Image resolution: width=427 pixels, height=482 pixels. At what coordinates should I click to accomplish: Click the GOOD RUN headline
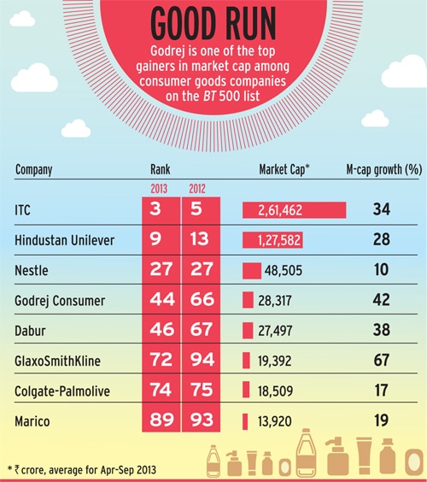point(213,24)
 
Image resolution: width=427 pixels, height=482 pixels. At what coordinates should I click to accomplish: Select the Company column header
point(34,169)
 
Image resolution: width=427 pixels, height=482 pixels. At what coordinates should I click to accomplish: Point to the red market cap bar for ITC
point(294,209)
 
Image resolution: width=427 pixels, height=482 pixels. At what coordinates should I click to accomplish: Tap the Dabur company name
point(30,331)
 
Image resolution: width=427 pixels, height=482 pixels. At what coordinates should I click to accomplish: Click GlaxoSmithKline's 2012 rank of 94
point(202,361)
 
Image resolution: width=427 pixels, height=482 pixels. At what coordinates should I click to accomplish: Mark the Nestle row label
point(31,271)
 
